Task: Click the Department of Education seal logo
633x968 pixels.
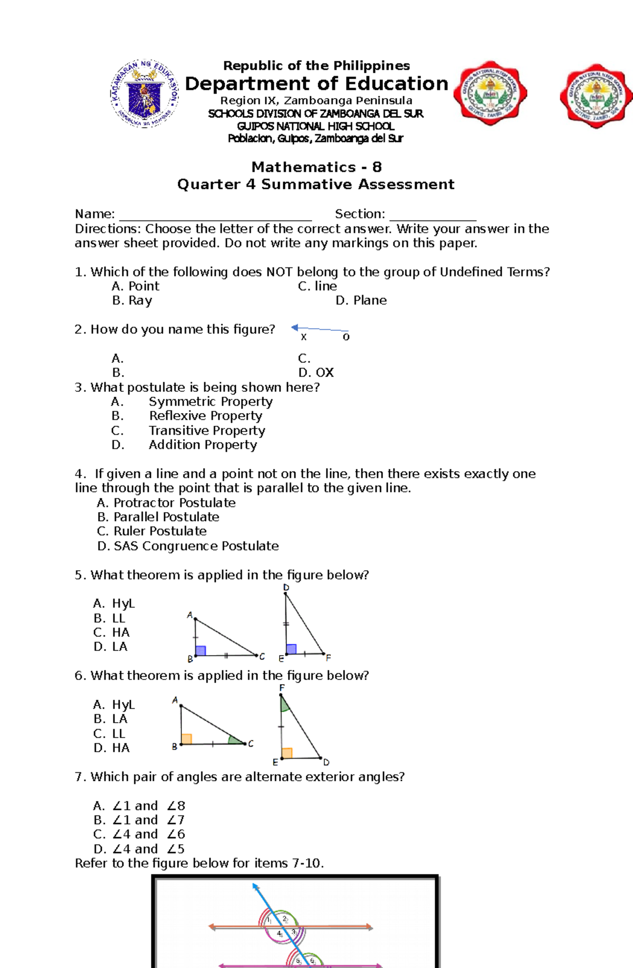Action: (x=144, y=93)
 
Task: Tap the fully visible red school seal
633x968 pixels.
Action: (x=491, y=93)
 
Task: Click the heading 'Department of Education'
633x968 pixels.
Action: (x=316, y=84)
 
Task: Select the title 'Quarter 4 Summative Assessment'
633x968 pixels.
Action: (x=315, y=184)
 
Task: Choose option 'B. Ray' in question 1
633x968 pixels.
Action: (x=132, y=301)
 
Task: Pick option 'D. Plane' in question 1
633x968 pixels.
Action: (x=361, y=301)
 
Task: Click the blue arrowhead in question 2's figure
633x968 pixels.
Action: (x=295, y=328)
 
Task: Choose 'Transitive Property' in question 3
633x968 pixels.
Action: (x=206, y=431)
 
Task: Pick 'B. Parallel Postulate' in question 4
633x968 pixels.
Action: (x=158, y=517)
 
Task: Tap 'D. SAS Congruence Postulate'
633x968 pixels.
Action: (x=188, y=547)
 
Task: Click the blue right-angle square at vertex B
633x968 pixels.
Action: (x=200, y=650)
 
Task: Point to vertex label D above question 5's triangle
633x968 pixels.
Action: (x=286, y=588)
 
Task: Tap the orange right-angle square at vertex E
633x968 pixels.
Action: (x=287, y=753)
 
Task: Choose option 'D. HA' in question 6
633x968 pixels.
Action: (x=111, y=748)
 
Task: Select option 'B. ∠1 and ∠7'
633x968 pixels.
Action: (x=139, y=820)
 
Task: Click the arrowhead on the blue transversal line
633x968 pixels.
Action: (x=255, y=887)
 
